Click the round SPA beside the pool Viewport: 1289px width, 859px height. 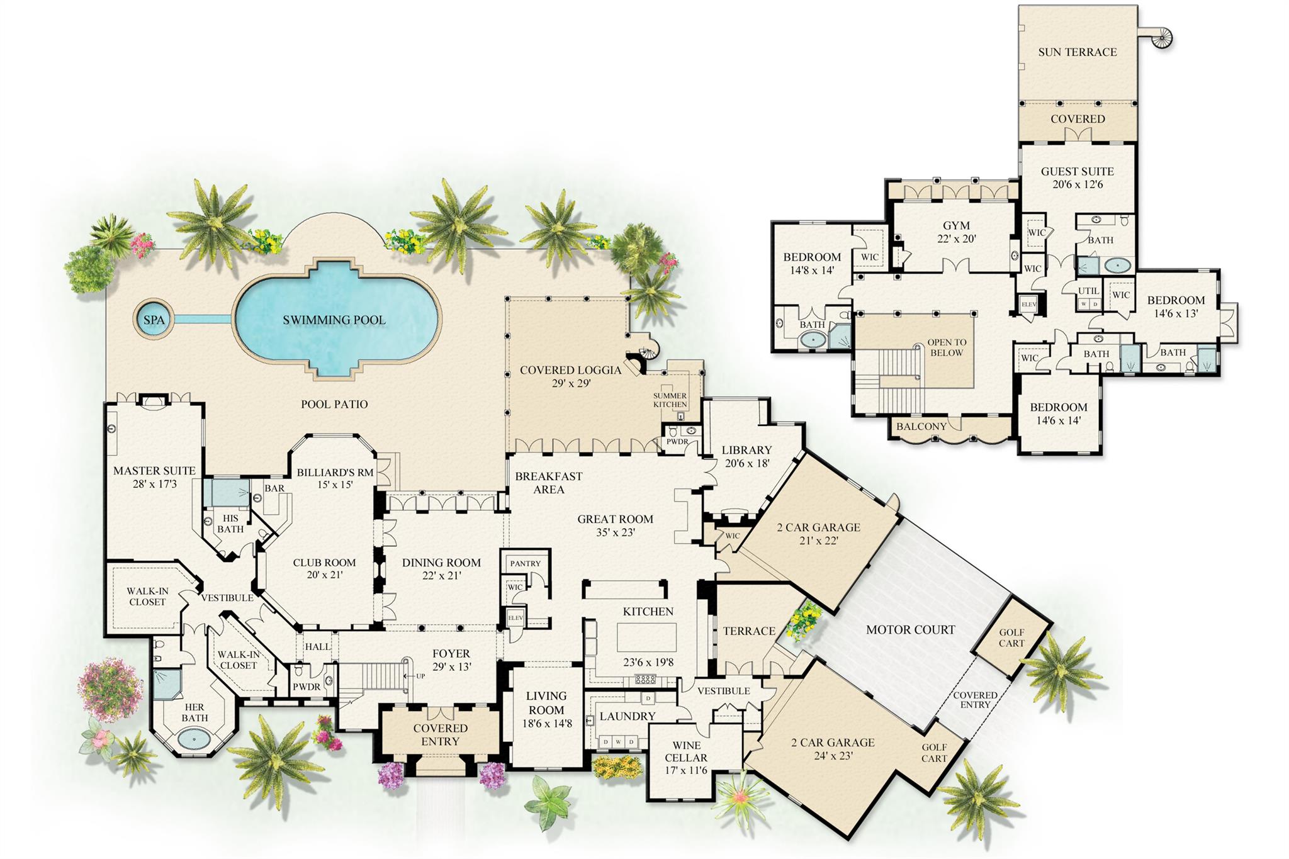[x=154, y=320]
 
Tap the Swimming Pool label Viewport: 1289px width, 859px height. [x=334, y=320]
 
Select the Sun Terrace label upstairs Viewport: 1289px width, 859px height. [x=1077, y=52]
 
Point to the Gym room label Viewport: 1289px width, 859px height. [x=956, y=225]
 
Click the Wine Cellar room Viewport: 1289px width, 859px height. [x=686, y=758]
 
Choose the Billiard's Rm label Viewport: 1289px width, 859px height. [x=335, y=473]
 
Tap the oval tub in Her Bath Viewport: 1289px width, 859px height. [x=194, y=737]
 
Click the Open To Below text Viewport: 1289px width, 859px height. [x=946, y=347]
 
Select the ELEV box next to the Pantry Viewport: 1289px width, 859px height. [x=515, y=618]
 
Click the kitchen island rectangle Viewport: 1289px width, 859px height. [x=646, y=637]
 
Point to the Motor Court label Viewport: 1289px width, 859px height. [x=910, y=629]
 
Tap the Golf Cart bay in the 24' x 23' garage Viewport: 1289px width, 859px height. [x=934, y=753]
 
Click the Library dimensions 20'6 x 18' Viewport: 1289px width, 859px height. [x=746, y=463]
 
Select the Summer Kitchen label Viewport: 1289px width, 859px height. [x=670, y=400]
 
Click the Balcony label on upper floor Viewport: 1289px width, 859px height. [x=921, y=427]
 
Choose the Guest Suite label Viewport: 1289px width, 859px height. [x=1077, y=171]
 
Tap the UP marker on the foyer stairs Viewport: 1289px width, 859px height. [x=420, y=676]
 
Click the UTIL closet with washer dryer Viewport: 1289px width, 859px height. [x=1088, y=296]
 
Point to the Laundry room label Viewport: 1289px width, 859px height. [x=627, y=716]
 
